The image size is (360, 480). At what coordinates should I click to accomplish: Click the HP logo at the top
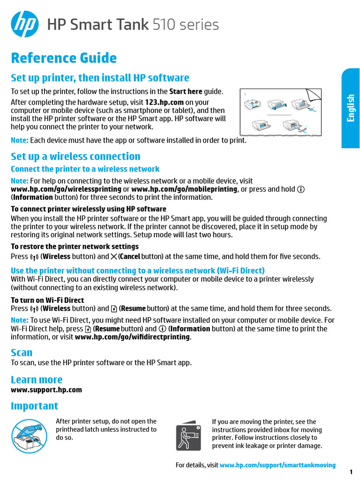pos(25,25)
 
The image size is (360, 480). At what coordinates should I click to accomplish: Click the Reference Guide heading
pos(64,58)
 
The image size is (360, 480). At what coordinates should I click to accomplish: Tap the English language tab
pos(351,108)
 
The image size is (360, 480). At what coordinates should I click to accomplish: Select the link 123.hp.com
pos(164,102)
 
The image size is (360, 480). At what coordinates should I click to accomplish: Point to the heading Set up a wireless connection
pos(75,157)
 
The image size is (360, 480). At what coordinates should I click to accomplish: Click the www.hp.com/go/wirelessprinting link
pos(66,189)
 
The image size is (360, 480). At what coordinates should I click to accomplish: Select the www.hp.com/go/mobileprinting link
pos(184,189)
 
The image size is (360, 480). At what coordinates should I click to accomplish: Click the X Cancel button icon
pos(114,256)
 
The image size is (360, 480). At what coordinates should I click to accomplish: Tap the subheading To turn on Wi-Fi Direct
pos(47,300)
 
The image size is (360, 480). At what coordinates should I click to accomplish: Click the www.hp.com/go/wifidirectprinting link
pos(132,337)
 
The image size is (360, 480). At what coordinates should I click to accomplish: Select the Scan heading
pos(22,352)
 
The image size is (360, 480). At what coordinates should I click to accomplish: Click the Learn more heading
pos(37,380)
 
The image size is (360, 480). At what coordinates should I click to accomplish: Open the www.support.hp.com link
pos(46,390)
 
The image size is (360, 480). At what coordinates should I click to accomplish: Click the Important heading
pos(35,406)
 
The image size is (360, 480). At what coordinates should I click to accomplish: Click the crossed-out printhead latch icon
pos(29,435)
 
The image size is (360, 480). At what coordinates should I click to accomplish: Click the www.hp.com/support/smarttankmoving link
pos(277,465)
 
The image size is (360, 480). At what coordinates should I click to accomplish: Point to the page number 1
pos(351,471)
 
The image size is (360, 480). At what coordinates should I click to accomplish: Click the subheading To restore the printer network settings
pos(75,247)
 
